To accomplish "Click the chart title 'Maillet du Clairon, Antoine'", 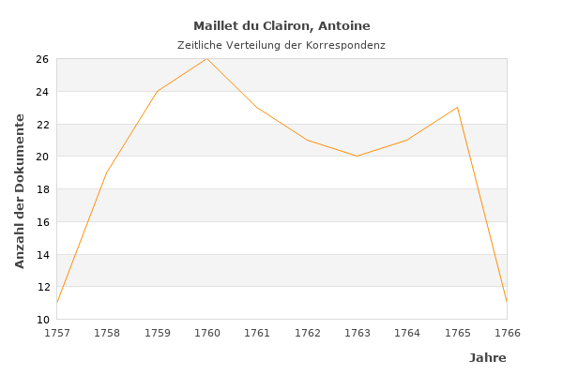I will coord(281,26).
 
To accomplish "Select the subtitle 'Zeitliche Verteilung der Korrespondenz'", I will coord(281,45).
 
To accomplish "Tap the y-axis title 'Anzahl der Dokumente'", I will coord(21,190).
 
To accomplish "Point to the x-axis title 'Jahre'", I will coord(487,358).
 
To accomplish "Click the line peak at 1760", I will coord(206,58).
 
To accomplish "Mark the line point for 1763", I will coord(357,156).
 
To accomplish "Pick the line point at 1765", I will coord(457,107).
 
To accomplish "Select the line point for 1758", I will coord(107,172).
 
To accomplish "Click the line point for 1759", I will coord(157,91).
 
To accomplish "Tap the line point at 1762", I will coord(307,140).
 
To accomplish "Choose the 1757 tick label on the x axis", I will coord(57,333).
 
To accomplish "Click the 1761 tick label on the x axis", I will coord(257,333).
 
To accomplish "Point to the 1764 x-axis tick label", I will coord(407,333).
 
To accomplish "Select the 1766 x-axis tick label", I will coord(507,333).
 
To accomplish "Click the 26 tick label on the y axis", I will coord(42,59).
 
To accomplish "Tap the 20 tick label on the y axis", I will coord(42,157).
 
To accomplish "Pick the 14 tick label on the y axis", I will coord(42,254).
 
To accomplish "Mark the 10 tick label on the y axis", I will coord(42,320).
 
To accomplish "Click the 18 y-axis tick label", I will coord(42,189).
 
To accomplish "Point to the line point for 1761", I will coord(257,107).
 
